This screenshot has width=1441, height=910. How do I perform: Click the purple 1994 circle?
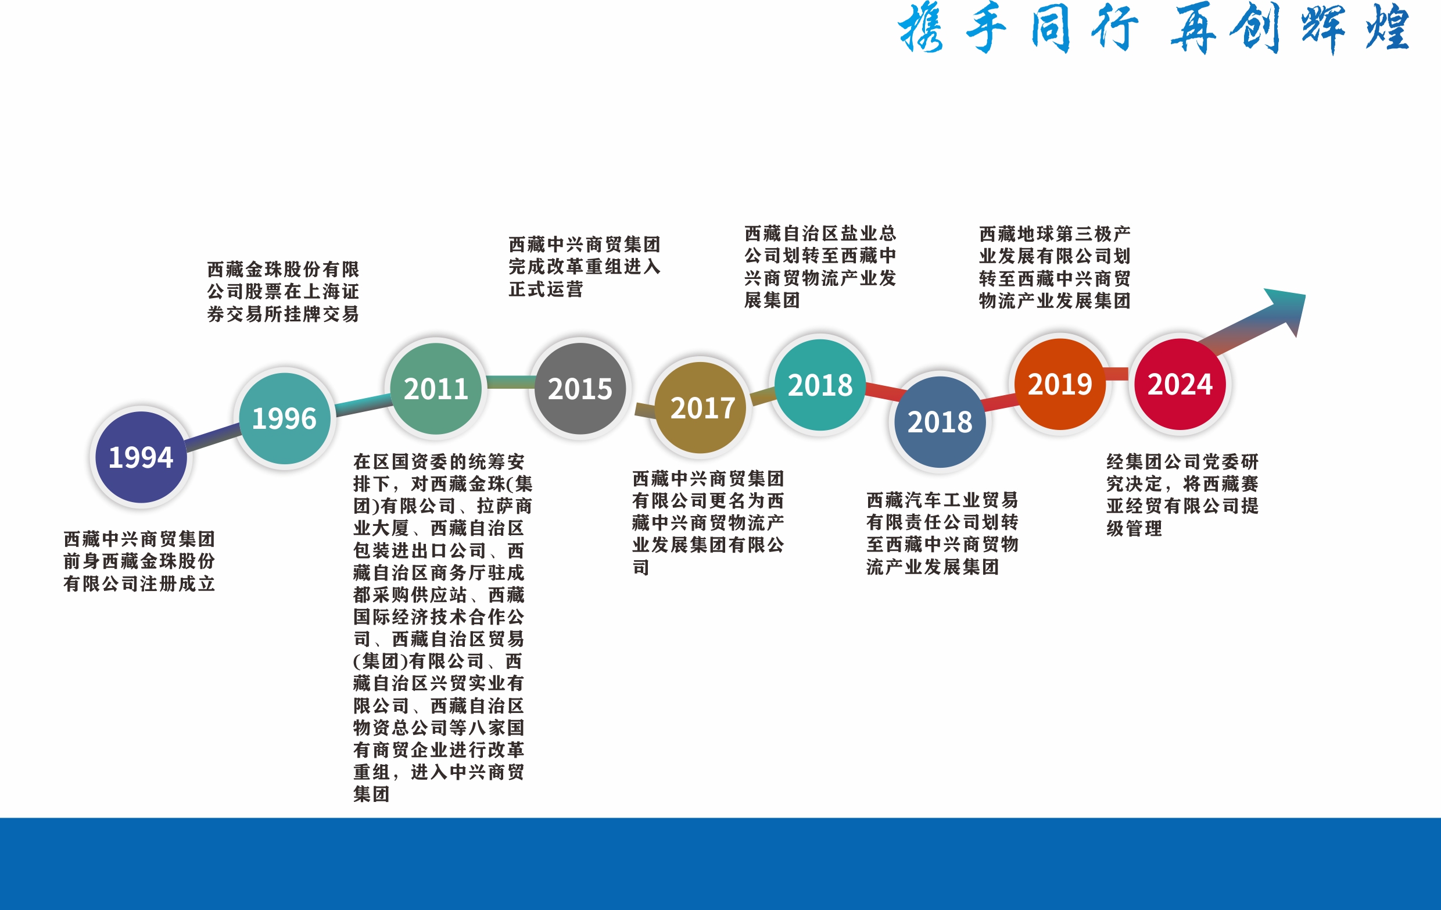click(x=141, y=457)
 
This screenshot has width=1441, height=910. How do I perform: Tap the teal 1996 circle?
click(x=284, y=418)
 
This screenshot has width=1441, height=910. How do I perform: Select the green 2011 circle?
click(x=436, y=389)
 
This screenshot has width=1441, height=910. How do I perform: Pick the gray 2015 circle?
click(x=580, y=389)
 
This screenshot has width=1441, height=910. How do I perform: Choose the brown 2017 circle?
click(x=701, y=408)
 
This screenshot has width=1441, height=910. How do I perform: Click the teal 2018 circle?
click(x=820, y=385)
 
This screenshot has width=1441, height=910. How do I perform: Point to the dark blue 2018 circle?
click(x=940, y=422)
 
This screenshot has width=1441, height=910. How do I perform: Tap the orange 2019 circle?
click(x=1060, y=384)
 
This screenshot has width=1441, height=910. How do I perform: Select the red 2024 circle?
click(x=1180, y=384)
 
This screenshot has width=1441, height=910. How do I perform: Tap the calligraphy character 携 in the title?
click(x=922, y=27)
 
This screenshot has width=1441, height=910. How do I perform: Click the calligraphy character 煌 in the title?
click(x=1387, y=27)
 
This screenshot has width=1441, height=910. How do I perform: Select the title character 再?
click(x=1193, y=27)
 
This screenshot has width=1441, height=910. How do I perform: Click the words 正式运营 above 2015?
click(x=546, y=289)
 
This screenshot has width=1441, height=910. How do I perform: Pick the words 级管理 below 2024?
click(x=1134, y=528)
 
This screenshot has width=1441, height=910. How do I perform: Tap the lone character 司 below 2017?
click(x=641, y=567)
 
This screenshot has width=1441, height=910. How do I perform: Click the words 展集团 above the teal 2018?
click(x=772, y=300)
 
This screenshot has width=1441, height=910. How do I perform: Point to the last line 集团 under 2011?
click(x=372, y=794)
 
